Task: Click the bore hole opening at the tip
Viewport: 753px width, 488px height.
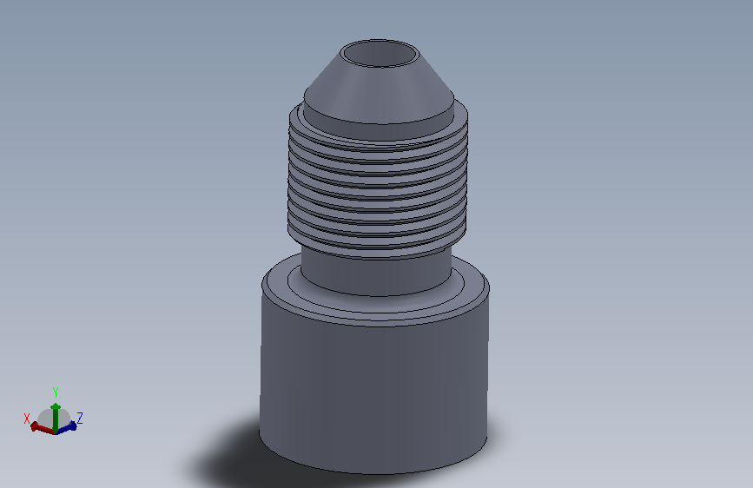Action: [380, 53]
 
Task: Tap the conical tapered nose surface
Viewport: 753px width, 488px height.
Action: [380, 89]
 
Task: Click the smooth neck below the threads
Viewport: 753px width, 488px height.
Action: [376, 274]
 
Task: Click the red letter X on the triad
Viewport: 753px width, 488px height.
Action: [27, 418]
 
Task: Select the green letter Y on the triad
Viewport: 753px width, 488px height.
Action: [56, 392]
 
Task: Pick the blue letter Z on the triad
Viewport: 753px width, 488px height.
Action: [80, 418]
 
